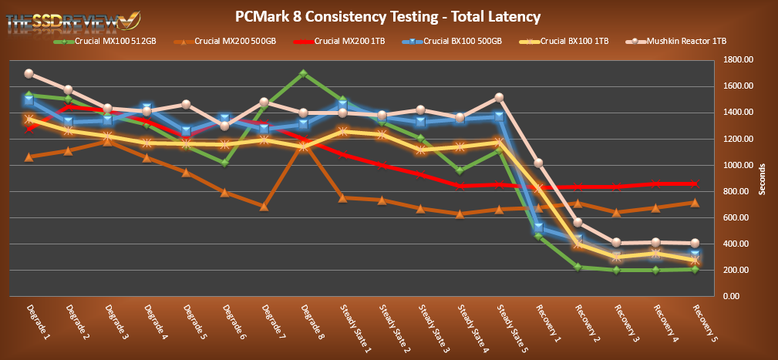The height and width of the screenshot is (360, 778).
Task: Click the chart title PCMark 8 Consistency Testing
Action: coord(388,16)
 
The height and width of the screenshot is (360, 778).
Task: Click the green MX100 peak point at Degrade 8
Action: coord(304,74)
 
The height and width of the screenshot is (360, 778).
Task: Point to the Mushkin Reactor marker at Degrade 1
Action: coord(29,74)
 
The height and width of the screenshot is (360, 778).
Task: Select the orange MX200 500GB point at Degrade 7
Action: coord(264,207)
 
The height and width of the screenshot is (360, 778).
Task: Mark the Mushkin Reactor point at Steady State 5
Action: coord(499,97)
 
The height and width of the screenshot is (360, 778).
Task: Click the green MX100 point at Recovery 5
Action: coord(695,269)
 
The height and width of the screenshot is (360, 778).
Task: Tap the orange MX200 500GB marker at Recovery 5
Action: coord(695,203)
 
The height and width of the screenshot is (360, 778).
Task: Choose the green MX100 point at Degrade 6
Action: coord(224,163)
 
